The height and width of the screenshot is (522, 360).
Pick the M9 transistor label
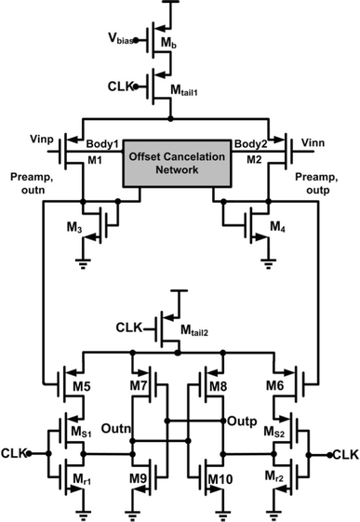136,480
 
